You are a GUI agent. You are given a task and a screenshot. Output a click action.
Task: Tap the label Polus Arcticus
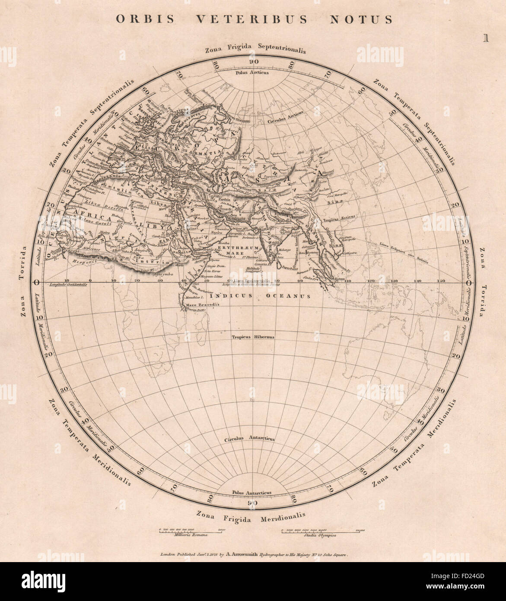click(252, 73)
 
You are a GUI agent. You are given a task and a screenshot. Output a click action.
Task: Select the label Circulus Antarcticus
click(249, 439)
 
